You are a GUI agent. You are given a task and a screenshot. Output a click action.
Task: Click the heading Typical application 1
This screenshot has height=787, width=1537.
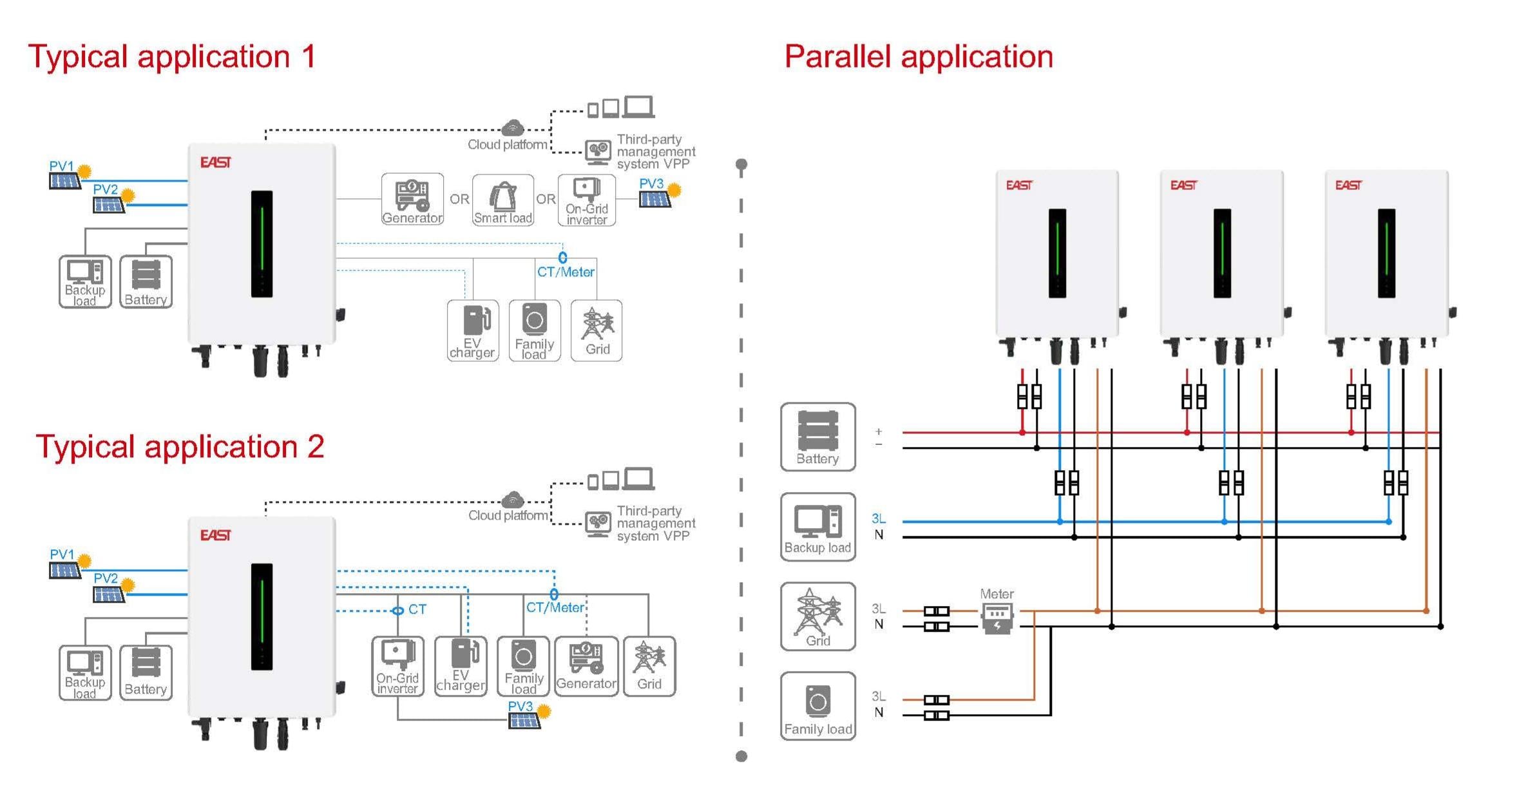click(x=172, y=57)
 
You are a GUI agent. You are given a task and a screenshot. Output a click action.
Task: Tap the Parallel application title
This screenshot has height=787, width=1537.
click(x=918, y=57)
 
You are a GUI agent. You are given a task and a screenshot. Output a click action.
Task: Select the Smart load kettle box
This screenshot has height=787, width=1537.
click(x=503, y=200)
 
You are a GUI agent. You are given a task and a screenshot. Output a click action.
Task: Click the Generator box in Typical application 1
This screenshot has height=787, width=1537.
click(x=412, y=200)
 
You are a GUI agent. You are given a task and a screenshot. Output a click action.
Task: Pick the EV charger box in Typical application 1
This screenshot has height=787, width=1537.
click(x=473, y=330)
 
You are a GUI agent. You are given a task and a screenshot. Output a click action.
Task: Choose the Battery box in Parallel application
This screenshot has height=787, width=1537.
click(x=817, y=437)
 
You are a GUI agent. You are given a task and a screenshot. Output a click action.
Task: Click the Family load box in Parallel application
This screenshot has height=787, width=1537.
click(x=817, y=706)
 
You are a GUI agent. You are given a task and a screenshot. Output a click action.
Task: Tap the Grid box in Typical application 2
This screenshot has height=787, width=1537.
click(x=649, y=666)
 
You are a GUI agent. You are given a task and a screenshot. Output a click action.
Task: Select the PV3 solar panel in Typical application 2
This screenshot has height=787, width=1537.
click(x=524, y=720)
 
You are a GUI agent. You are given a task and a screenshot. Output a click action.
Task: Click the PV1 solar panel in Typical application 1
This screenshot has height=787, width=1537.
click(x=64, y=180)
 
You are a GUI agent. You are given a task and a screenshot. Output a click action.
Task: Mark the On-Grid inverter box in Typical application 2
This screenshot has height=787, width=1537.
click(x=397, y=666)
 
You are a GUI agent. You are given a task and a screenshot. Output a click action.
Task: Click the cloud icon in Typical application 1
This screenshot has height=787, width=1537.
click(x=513, y=127)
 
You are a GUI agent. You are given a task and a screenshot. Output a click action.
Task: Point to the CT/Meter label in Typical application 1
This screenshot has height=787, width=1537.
click(x=566, y=272)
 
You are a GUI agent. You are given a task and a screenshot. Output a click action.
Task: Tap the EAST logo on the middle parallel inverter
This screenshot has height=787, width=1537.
click(x=1183, y=185)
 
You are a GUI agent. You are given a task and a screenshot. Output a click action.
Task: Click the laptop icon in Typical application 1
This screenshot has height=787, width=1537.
click(x=638, y=107)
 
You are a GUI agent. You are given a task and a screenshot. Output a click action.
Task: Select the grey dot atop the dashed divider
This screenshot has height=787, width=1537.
click(x=741, y=164)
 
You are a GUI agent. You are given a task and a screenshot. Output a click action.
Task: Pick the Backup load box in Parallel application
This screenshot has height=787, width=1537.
click(x=817, y=527)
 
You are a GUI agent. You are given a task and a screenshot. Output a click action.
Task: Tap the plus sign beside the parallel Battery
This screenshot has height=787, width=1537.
click(x=879, y=431)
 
